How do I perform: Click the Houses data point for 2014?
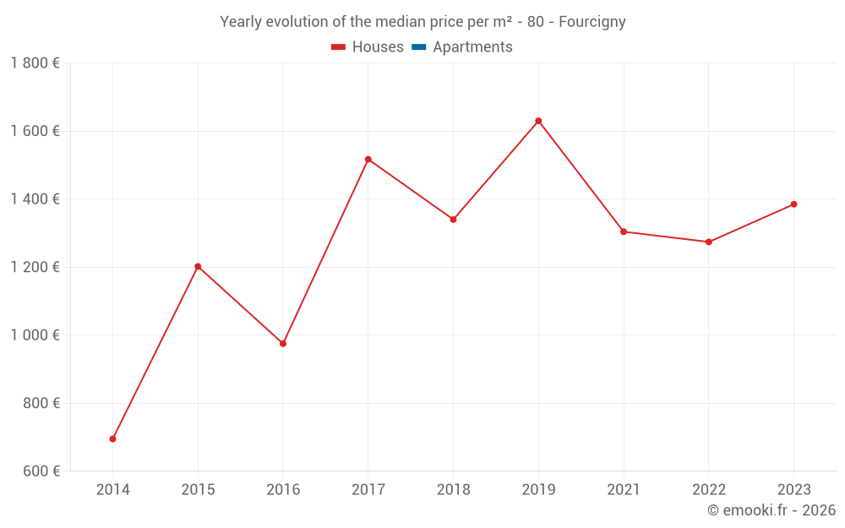click(112, 438)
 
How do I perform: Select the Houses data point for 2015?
click(198, 266)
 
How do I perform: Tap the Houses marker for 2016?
click(283, 344)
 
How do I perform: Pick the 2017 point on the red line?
click(368, 159)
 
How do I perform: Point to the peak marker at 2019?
click(538, 121)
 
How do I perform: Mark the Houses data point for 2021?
click(624, 231)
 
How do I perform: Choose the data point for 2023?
click(793, 204)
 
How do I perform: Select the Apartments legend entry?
click(472, 47)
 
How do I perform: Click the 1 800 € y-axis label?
click(35, 63)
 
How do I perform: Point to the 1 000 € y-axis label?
click(35, 335)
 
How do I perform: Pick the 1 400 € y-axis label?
click(35, 199)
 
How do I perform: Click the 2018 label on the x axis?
click(453, 490)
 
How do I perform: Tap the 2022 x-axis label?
click(708, 490)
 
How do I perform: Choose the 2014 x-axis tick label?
click(112, 490)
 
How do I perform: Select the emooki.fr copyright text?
click(771, 510)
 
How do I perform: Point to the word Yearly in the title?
click(241, 22)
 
